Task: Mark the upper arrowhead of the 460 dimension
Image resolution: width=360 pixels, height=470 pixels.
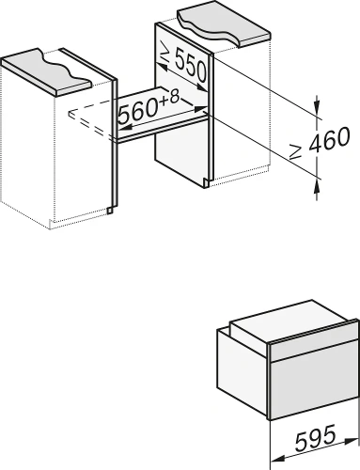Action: coord(317,106)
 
